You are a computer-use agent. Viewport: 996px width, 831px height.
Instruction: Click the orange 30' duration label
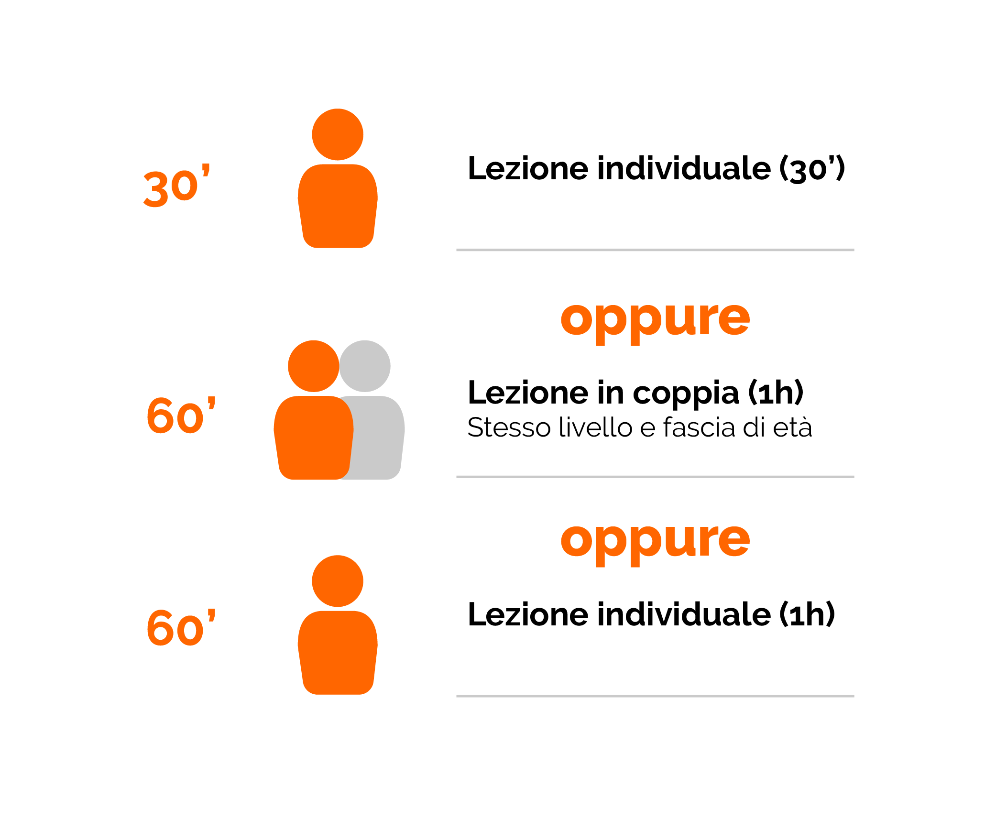pos(177,186)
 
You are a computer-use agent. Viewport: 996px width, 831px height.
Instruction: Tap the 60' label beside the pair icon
pos(181,415)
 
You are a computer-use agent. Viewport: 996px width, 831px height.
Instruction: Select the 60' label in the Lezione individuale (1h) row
pos(181,627)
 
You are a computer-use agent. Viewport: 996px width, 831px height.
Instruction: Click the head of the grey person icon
pos(365,366)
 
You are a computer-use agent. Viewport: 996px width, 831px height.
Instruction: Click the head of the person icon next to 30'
pos(338,134)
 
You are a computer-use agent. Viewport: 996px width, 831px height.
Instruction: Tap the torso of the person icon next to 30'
pos(338,206)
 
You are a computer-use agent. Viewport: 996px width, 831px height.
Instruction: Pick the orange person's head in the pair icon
pos(314,366)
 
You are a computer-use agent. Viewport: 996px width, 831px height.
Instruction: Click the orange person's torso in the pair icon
pos(314,437)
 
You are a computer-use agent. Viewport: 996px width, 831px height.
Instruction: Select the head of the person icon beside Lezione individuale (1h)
pos(338,581)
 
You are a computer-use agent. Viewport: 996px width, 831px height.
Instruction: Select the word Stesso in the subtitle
pos(509,427)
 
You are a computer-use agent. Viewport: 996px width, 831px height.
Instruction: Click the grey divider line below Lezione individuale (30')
pos(655,250)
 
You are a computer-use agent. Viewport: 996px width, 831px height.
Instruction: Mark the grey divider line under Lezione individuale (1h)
pos(655,696)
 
